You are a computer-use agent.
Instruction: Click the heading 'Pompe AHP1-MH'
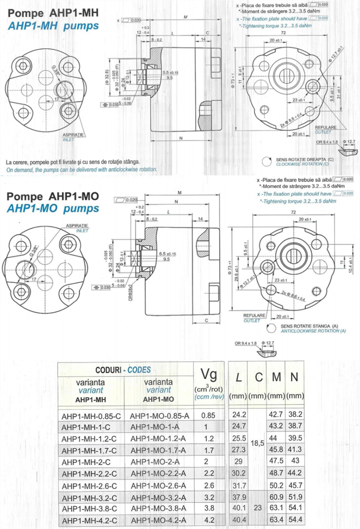53,13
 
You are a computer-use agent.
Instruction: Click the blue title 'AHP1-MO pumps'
53,208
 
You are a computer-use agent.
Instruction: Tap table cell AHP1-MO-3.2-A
157,497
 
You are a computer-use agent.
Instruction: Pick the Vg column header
208,374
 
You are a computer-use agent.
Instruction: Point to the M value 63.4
276,520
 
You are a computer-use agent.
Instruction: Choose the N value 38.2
295,415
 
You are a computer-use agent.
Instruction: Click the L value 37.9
239,497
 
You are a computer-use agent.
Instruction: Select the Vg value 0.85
208,415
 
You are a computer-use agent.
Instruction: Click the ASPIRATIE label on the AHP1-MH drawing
73,134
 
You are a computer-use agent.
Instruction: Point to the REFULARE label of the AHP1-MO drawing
254,316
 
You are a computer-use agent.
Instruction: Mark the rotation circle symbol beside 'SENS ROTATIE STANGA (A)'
270,328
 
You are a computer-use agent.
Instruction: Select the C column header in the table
259,378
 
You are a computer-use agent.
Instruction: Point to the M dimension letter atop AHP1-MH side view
185,17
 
